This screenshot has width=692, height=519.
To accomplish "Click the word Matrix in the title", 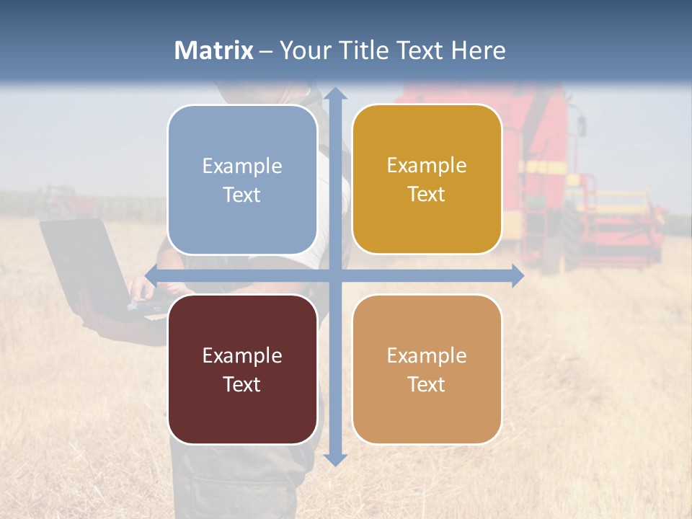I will point(214,50).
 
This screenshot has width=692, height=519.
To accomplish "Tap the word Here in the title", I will point(478,50).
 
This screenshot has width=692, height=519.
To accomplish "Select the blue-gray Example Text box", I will point(242,179).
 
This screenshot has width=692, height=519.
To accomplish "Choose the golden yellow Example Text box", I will point(427,179).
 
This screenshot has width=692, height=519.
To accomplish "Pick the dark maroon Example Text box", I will point(242,369).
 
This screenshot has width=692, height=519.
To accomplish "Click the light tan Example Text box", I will point(427,369).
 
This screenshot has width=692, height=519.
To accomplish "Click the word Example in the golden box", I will point(427,166).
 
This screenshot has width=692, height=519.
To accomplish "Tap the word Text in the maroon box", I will point(242,384).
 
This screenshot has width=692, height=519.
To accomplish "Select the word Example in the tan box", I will point(427,355).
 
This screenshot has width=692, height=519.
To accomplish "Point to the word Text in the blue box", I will point(242,195).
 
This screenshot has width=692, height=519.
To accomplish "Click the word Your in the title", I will point(302,50).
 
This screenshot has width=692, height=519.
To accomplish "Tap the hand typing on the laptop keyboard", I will point(142,290).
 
